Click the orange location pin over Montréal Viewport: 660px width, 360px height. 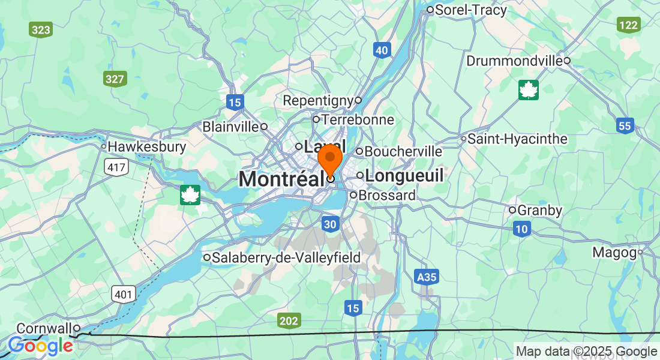(329, 158)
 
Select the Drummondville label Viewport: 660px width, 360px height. (514, 61)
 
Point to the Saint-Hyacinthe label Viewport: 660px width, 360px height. (517, 139)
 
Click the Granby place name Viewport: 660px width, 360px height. (539, 210)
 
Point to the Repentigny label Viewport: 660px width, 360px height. (319, 100)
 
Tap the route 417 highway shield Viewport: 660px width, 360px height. (116, 167)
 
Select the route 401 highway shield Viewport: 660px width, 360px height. (123, 293)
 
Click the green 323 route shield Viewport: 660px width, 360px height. (41, 29)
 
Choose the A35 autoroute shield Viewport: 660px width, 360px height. (426, 277)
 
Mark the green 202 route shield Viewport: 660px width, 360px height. (289, 321)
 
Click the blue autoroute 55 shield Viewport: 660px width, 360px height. (625, 125)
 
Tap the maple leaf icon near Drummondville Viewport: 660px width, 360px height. (529, 90)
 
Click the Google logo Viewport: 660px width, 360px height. (41, 346)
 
